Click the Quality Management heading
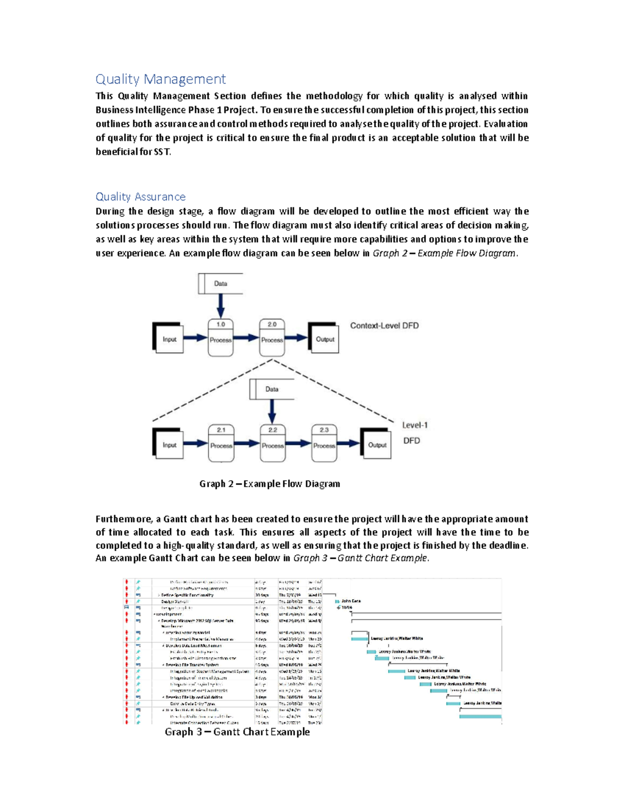click(x=160, y=79)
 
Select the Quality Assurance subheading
click(x=141, y=197)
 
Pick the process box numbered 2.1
click(x=221, y=443)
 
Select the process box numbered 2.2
click(x=272, y=443)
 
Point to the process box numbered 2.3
click(x=324, y=443)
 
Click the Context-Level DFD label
click(x=384, y=326)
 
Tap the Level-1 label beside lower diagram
click(x=415, y=425)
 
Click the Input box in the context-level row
click(x=169, y=339)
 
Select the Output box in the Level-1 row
click(x=377, y=444)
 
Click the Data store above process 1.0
click(x=220, y=284)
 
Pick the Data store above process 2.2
click(x=272, y=389)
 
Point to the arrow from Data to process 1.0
click(x=220, y=306)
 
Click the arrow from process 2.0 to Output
click(x=296, y=338)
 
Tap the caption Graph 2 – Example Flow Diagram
click(x=269, y=484)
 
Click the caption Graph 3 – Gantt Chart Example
click(x=237, y=732)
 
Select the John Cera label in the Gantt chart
click(x=351, y=601)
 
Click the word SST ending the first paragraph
click(x=161, y=152)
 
